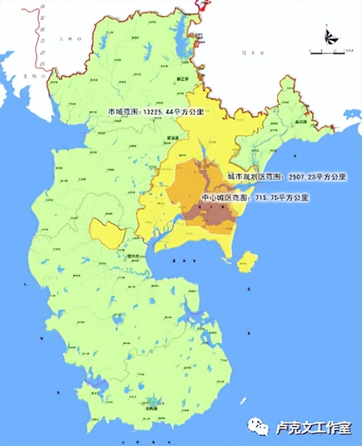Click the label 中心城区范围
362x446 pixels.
pyautogui.click(x=221, y=198)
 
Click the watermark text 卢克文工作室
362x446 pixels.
pyautogui.click(x=311, y=428)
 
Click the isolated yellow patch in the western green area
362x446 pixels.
pyautogui.click(x=106, y=233)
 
